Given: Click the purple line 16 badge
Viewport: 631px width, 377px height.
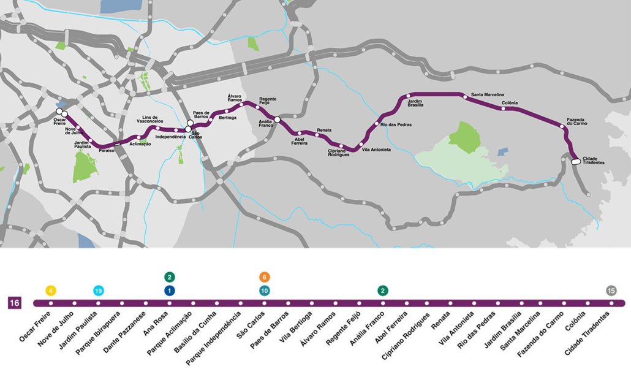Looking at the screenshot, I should coord(15,303).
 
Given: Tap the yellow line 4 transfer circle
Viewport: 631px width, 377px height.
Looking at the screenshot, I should coord(51,291).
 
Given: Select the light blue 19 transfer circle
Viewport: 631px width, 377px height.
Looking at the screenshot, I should coord(98,291).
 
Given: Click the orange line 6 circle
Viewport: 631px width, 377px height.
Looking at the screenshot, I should coord(264,277).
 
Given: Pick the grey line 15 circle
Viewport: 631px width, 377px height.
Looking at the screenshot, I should coord(611,291).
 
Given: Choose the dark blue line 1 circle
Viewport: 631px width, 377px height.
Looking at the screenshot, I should coord(170,291).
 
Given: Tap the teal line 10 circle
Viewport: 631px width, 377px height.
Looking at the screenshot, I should coord(264,291).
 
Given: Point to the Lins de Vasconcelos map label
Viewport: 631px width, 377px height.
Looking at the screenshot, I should coord(150,120).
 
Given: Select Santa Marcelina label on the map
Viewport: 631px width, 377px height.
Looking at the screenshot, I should coord(487,95).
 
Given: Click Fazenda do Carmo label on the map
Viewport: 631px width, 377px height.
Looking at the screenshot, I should coord(577,122).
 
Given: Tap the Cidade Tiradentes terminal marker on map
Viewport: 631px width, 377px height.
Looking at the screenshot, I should coord(576,162).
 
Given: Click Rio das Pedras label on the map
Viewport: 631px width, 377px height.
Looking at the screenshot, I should coord(396,124).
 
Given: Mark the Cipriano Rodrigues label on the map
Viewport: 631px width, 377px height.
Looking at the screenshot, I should coord(339,153).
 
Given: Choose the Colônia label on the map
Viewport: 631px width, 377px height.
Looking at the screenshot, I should coord(510,102).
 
